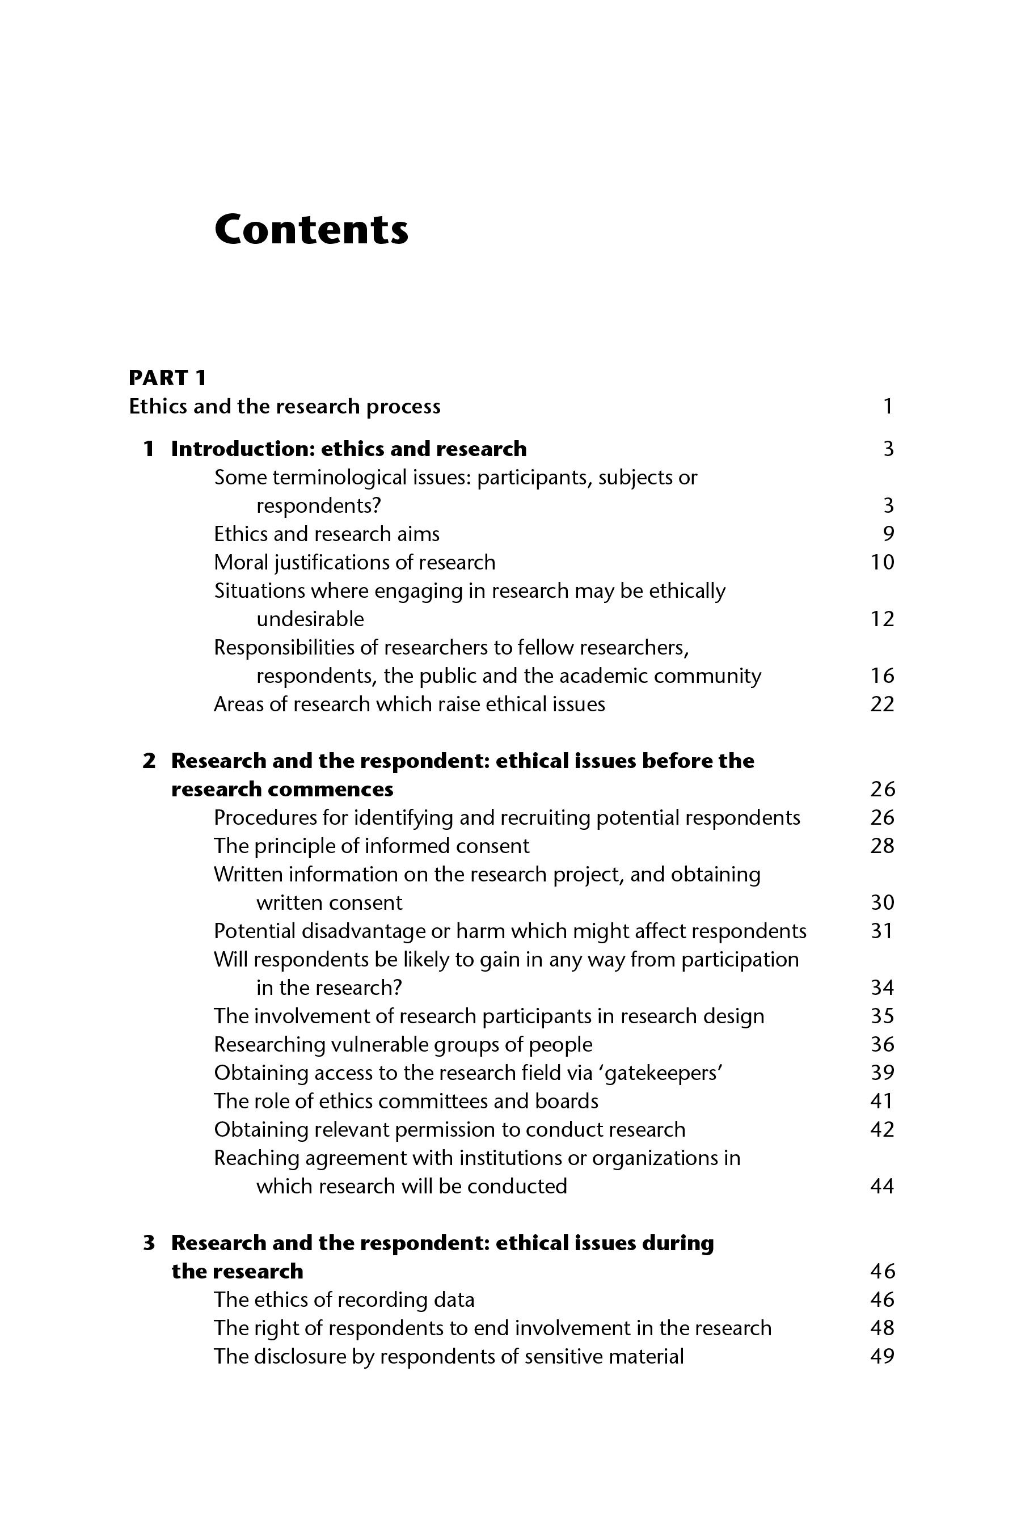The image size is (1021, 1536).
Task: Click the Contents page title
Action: [311, 230]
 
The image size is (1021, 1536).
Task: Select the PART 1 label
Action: [167, 378]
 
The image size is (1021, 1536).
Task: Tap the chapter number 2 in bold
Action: [149, 761]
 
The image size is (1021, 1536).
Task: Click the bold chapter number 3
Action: [149, 1243]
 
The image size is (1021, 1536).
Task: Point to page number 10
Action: [882, 563]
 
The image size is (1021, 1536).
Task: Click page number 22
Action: [882, 704]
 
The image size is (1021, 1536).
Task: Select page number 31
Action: [882, 931]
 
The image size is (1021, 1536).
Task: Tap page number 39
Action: [882, 1073]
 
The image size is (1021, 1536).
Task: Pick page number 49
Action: [882, 1356]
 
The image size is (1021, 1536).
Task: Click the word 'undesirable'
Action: [310, 619]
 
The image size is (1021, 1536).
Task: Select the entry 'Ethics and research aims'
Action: [327, 534]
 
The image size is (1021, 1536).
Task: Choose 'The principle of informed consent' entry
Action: [372, 846]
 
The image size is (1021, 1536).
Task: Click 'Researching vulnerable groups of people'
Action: [403, 1045]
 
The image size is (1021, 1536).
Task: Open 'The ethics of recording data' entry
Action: [344, 1299]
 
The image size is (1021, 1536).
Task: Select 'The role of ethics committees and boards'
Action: [406, 1102]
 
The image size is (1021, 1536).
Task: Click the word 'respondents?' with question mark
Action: [318, 506]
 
